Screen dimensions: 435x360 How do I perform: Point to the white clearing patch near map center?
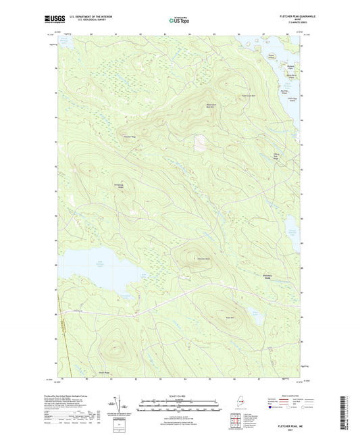click(199, 143)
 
